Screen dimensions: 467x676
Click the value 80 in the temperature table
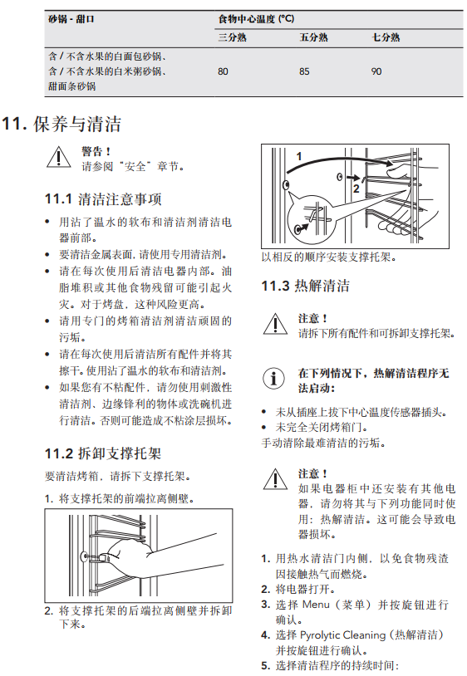[x=223, y=71]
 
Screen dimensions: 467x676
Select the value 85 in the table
[x=304, y=71]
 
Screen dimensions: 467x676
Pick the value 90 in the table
[x=376, y=71]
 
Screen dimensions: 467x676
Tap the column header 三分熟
[x=232, y=37]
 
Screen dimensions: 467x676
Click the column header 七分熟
[x=386, y=37]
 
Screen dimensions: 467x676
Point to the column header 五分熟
[x=313, y=37]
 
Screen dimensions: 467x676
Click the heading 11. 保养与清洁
[x=61, y=125]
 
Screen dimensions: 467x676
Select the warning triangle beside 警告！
[x=59, y=157]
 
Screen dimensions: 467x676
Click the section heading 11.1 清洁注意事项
[x=104, y=199]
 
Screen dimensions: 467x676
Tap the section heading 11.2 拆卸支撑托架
[x=103, y=453]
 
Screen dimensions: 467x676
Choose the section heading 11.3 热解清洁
[x=306, y=286]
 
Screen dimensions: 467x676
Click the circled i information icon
[x=273, y=379]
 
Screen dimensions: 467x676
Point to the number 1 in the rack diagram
[x=299, y=156]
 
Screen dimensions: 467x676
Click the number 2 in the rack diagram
[x=356, y=189]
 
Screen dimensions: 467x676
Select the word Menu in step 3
[x=316, y=605]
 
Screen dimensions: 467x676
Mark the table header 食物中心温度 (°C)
[x=256, y=19]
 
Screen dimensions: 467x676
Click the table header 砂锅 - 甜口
[x=71, y=19]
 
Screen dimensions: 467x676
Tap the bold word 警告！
[x=96, y=151]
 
